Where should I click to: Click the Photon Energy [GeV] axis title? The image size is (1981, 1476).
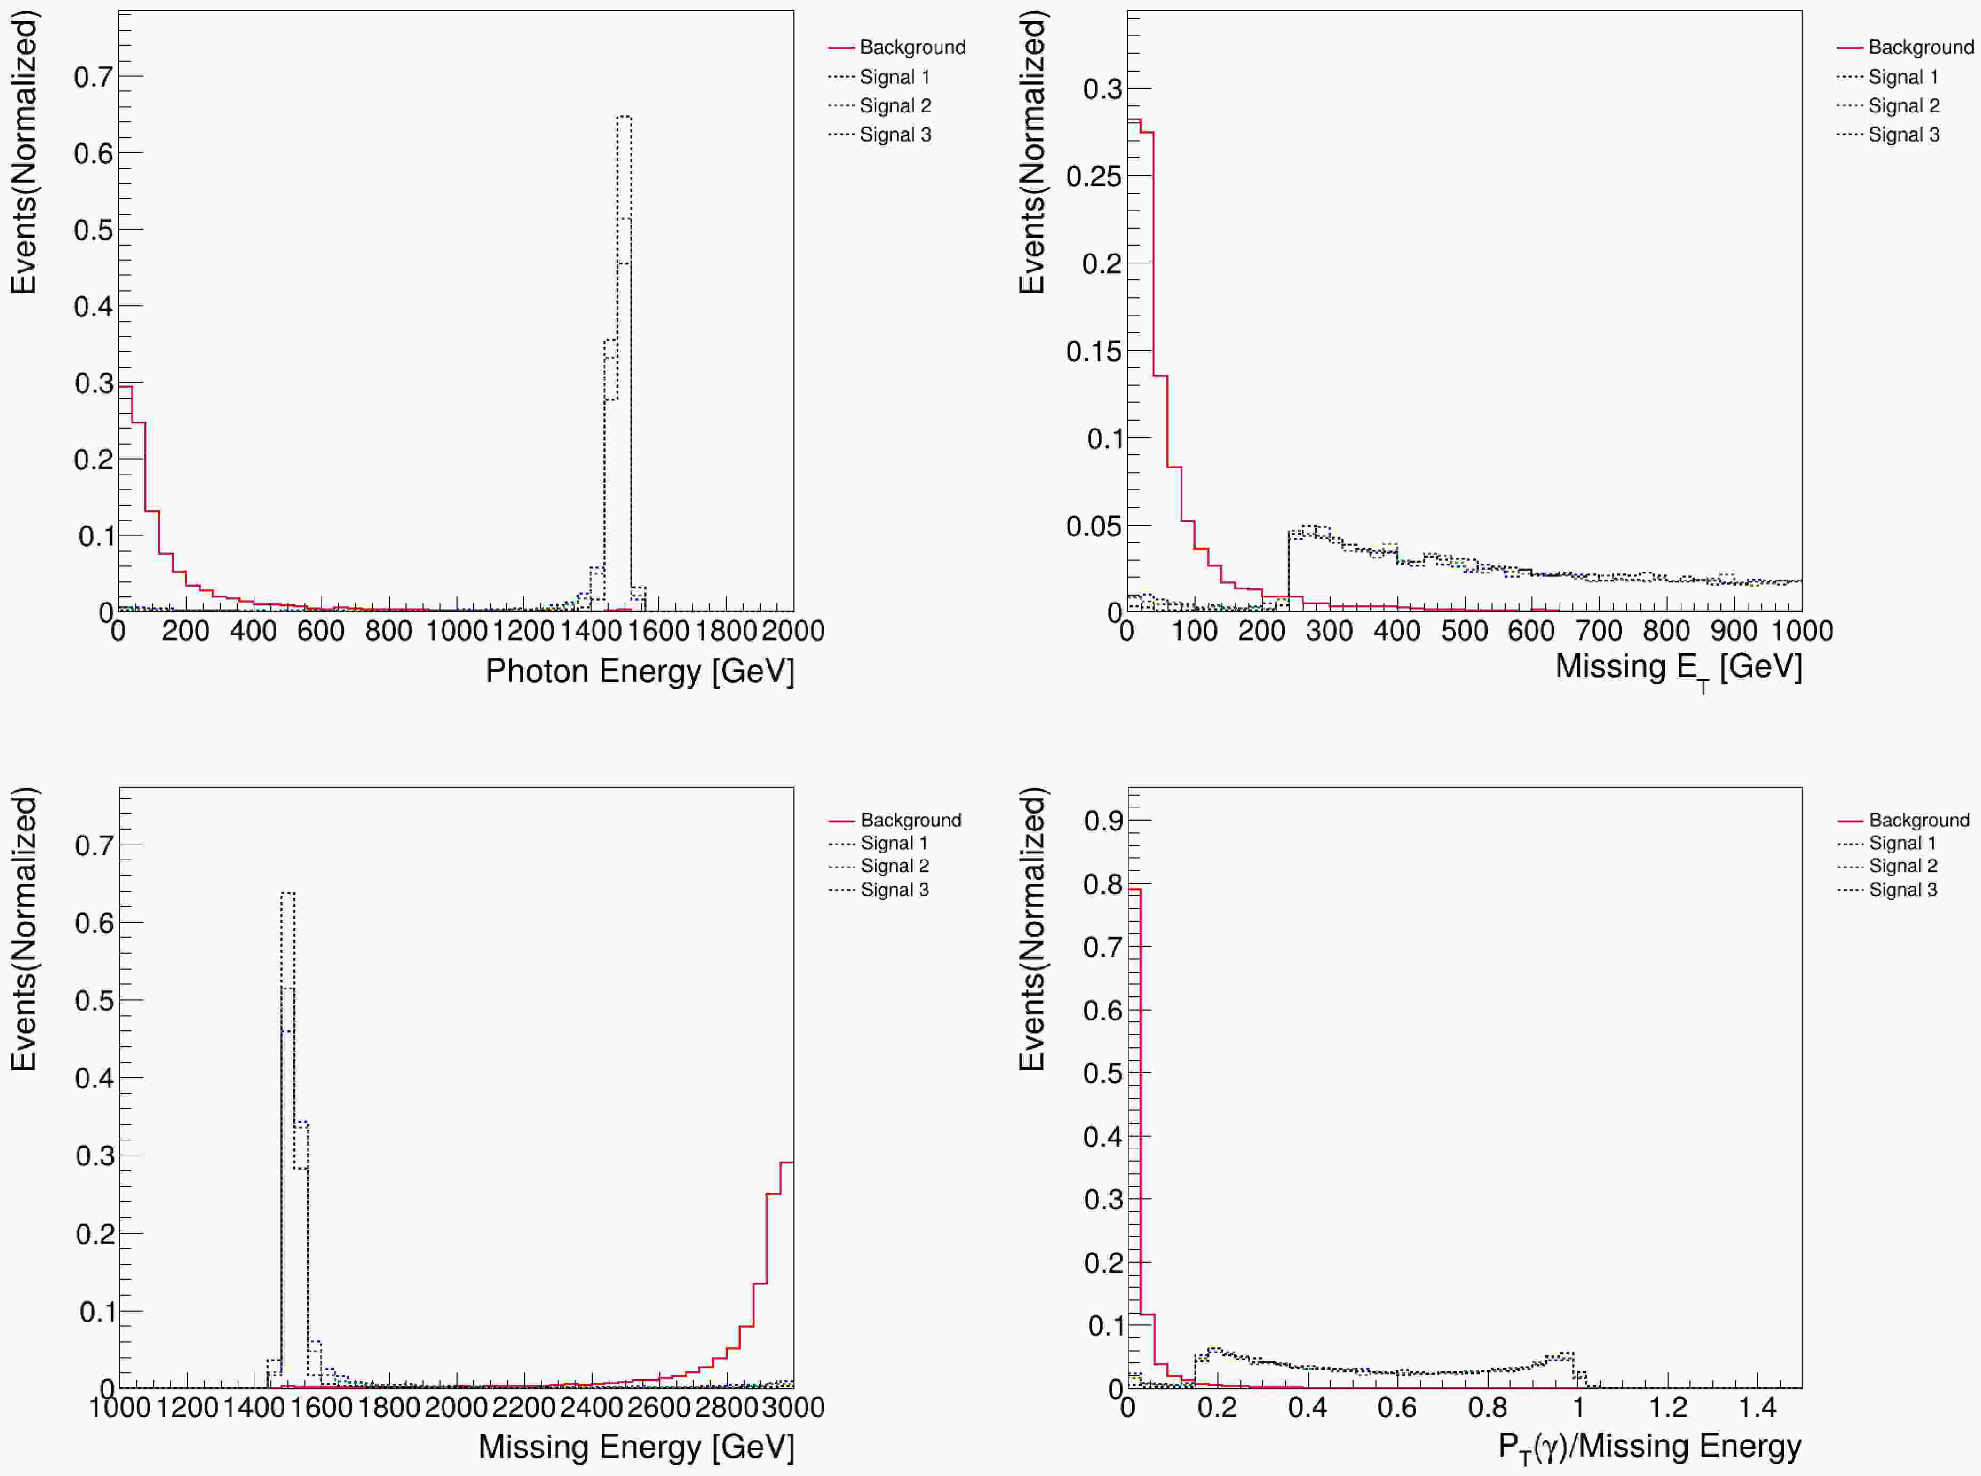pyautogui.click(x=639, y=671)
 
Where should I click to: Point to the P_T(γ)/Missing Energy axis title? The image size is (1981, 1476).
pyautogui.click(x=1648, y=1447)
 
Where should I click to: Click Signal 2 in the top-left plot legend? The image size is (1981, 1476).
pyautogui.click(x=894, y=105)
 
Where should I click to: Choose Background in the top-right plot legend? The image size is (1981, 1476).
pyautogui.click(x=1920, y=47)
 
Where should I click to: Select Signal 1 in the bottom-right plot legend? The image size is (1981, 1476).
pyautogui.click(x=1902, y=844)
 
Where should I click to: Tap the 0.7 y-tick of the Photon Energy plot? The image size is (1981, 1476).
pyautogui.click(x=93, y=77)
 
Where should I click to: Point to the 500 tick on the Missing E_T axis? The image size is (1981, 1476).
pyautogui.click(x=1464, y=631)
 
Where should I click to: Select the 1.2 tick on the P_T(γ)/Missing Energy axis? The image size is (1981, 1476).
pyautogui.click(x=1668, y=1407)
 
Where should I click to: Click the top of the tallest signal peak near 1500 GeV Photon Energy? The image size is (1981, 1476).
pyautogui.click(x=624, y=117)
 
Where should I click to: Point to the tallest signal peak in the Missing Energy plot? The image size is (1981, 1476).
pyautogui.click(x=288, y=893)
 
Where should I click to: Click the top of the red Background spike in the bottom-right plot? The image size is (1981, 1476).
pyautogui.click(x=1134, y=889)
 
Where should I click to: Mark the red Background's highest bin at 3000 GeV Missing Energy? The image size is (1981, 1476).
pyautogui.click(x=786, y=1162)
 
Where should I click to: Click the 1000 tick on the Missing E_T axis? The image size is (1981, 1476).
pyautogui.click(x=1801, y=631)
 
